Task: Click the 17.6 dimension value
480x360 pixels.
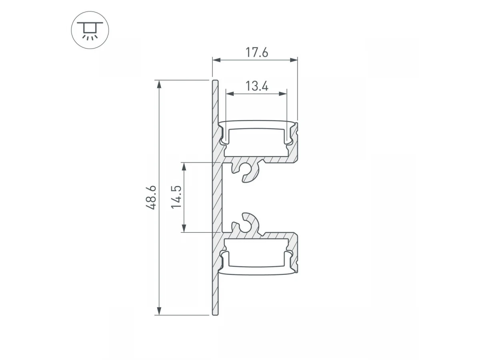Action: pos(257,53)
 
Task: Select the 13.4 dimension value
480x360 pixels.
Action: pos(257,86)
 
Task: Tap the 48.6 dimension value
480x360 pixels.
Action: pos(151,198)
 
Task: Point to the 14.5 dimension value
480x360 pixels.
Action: pos(176,197)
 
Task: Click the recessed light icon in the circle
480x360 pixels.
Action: pos(90,30)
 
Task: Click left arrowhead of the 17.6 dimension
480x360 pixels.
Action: pos(216,60)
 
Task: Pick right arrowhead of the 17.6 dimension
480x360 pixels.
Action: pos(294,60)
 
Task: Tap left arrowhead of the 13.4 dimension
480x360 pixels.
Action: pos(230,94)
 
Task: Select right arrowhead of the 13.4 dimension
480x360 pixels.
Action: pos(283,94)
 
